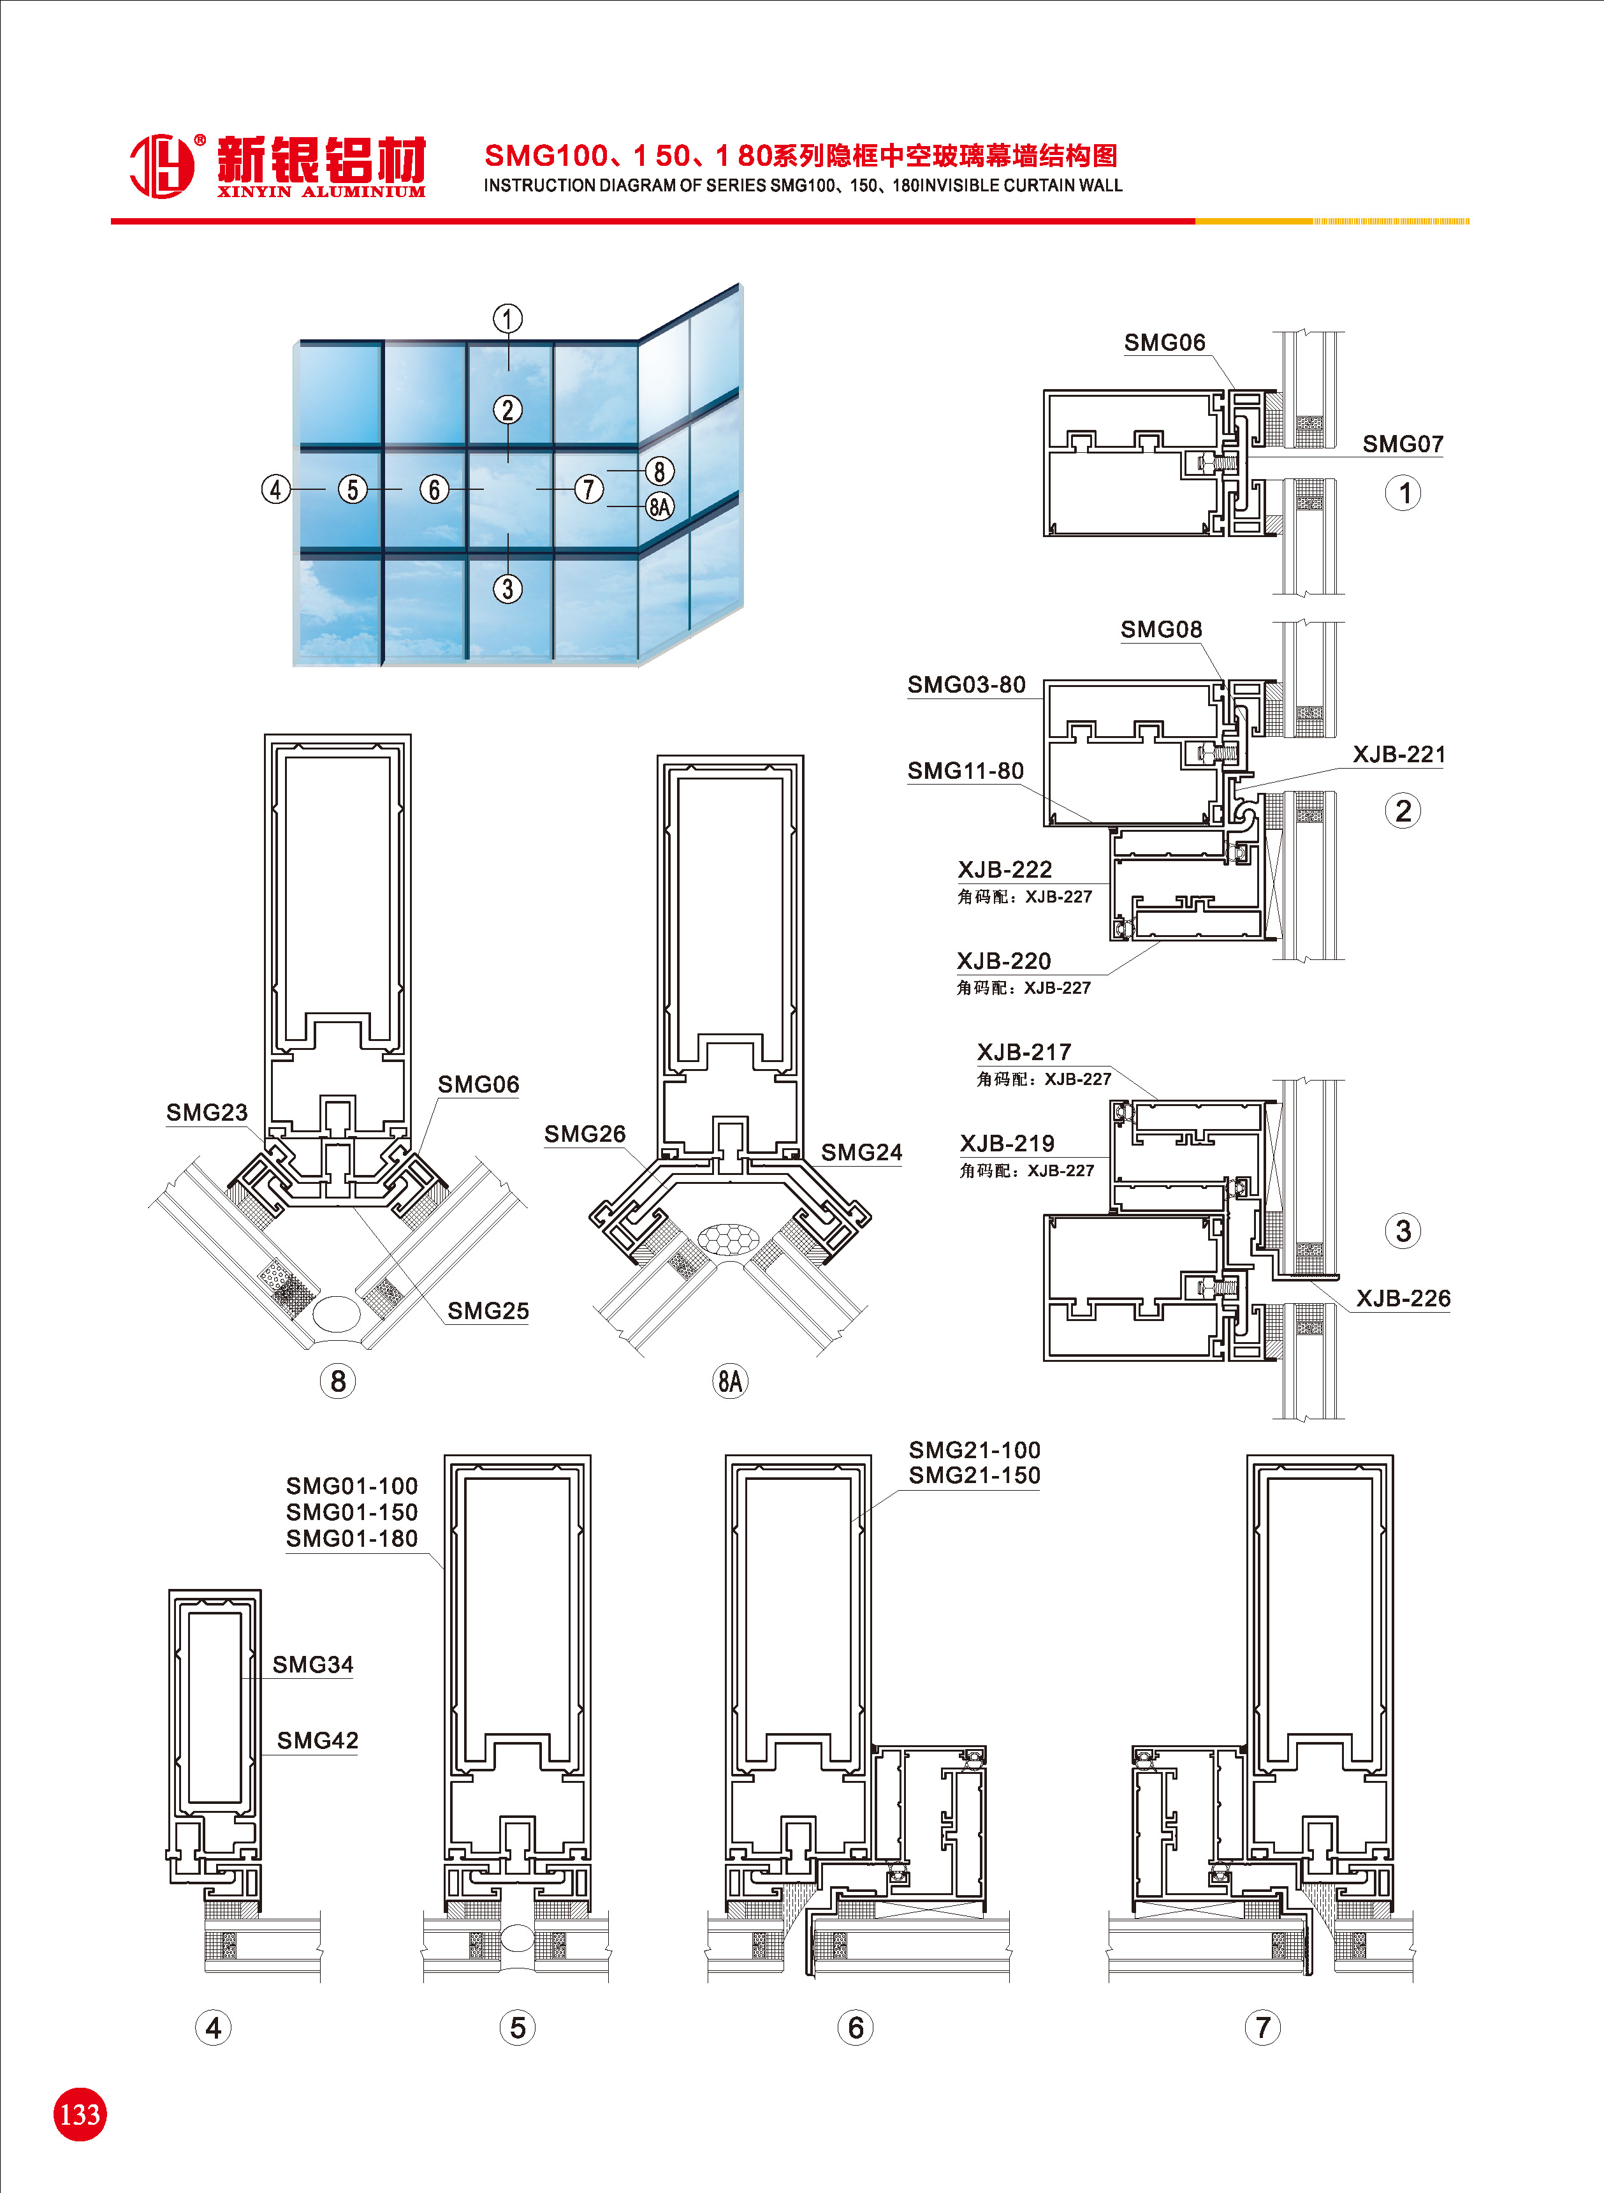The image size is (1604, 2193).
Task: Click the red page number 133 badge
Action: [80, 2115]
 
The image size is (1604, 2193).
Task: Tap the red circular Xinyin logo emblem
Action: [161, 165]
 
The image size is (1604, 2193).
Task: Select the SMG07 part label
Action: [1402, 444]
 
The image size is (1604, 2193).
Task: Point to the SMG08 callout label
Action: [1162, 630]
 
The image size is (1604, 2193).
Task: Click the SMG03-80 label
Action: [966, 684]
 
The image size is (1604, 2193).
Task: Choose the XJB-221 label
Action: [1398, 755]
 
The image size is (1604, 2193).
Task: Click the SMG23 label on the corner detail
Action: [207, 1112]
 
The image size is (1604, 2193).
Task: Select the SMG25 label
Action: [488, 1311]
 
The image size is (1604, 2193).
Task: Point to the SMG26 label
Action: [585, 1133]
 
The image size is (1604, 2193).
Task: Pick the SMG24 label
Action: [861, 1152]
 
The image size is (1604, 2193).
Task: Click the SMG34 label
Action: [312, 1665]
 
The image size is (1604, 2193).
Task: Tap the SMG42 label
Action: [317, 1740]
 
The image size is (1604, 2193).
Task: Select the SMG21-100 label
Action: [974, 1450]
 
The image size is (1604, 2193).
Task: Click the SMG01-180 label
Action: [351, 1539]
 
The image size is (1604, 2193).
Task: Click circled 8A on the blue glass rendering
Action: [660, 506]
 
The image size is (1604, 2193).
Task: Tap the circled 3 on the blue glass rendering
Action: [507, 589]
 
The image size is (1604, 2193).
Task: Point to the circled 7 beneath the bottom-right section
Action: [1262, 2027]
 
